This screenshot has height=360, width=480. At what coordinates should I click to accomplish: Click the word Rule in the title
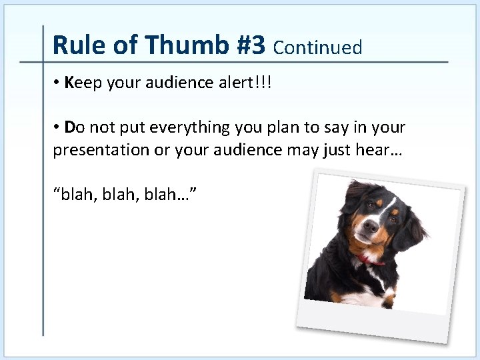(x=73, y=45)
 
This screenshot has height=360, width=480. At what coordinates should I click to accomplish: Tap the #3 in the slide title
(x=249, y=45)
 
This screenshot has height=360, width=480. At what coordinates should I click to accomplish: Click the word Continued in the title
(x=318, y=47)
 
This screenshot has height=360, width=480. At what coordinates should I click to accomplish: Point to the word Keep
(x=81, y=83)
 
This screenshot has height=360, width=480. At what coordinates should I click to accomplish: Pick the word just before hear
(x=330, y=150)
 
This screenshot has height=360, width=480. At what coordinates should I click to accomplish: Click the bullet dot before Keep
(x=58, y=83)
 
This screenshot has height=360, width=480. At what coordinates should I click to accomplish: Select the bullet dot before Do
(x=58, y=127)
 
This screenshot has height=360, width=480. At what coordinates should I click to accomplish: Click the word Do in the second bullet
(x=75, y=127)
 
